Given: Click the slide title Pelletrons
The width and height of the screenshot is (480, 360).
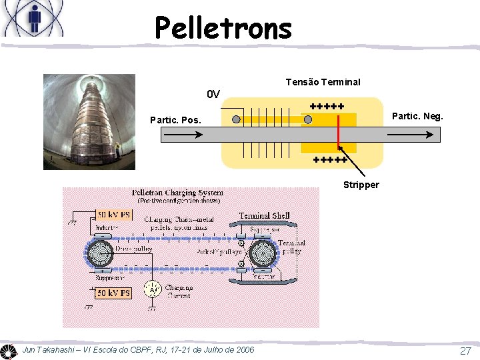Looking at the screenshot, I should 223,28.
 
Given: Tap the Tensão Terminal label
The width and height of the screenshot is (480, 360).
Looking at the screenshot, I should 323,82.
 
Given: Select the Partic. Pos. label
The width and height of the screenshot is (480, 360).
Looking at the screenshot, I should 175,121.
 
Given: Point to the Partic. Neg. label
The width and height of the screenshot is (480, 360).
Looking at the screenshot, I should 417,117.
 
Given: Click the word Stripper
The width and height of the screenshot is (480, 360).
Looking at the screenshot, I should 361,185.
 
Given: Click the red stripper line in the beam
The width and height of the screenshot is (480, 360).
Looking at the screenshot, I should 338,134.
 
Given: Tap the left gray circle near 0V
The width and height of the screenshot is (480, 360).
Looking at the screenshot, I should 237,119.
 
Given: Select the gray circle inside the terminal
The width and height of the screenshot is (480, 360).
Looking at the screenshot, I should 308,119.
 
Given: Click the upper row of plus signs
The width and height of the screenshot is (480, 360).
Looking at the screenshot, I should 327,106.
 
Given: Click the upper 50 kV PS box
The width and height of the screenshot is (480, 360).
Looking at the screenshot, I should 114,215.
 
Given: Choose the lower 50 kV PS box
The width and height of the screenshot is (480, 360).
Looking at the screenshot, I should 114,293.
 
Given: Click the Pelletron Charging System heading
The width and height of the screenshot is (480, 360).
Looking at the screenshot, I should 177,193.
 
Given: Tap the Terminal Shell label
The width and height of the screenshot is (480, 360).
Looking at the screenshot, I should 264,215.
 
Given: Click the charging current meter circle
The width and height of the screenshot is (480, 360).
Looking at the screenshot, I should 153,289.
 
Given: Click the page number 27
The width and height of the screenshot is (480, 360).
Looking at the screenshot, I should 465,351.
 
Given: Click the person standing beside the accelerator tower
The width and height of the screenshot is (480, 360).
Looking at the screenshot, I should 117,149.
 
